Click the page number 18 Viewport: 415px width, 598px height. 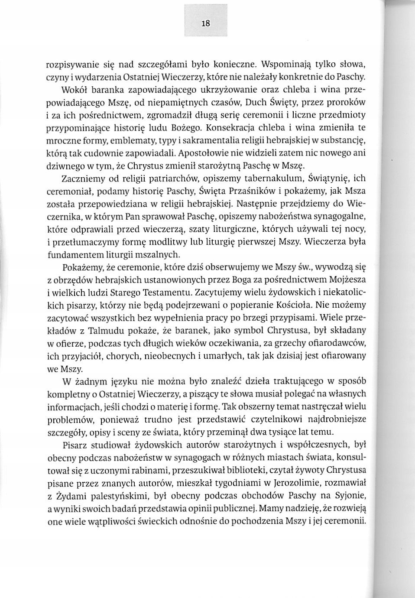[x=206, y=23]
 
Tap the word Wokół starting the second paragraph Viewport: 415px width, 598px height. [x=74, y=91]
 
